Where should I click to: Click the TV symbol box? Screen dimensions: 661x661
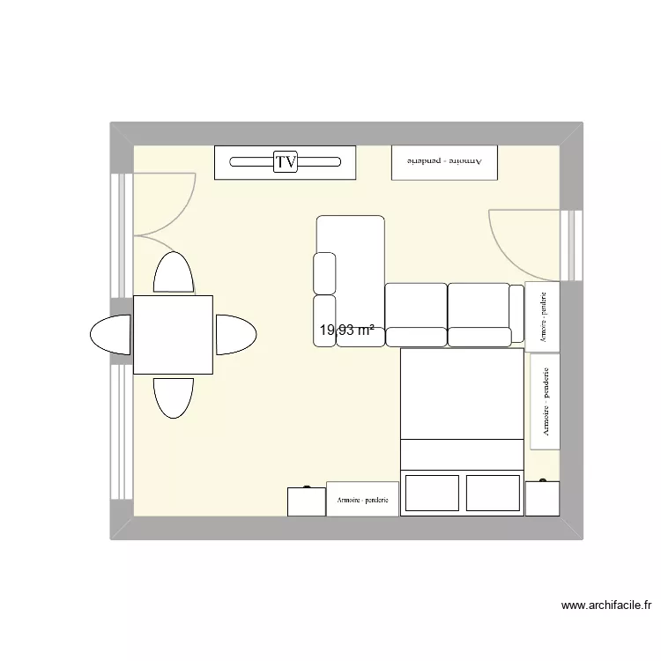[286, 162]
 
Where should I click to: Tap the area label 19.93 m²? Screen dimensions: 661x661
[346, 330]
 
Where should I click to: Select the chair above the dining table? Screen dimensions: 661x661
[174, 272]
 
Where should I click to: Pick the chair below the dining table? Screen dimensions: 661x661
[174, 397]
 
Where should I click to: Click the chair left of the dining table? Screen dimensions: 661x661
[112, 335]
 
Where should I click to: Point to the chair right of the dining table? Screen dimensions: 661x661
[235, 335]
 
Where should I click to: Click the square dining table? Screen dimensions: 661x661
[173, 335]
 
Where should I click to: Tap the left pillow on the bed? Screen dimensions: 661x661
[432, 493]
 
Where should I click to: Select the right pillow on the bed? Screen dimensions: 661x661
[492, 493]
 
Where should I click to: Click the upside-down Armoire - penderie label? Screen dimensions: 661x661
[444, 162]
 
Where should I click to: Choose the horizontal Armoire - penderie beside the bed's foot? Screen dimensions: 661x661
[362, 499]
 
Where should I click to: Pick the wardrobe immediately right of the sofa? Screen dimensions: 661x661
[541, 314]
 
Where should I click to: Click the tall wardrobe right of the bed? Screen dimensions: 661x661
[545, 402]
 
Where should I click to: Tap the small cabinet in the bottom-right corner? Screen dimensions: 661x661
[542, 498]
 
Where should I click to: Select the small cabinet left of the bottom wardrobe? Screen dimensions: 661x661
[306, 501]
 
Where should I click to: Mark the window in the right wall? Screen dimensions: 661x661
[573, 245]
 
